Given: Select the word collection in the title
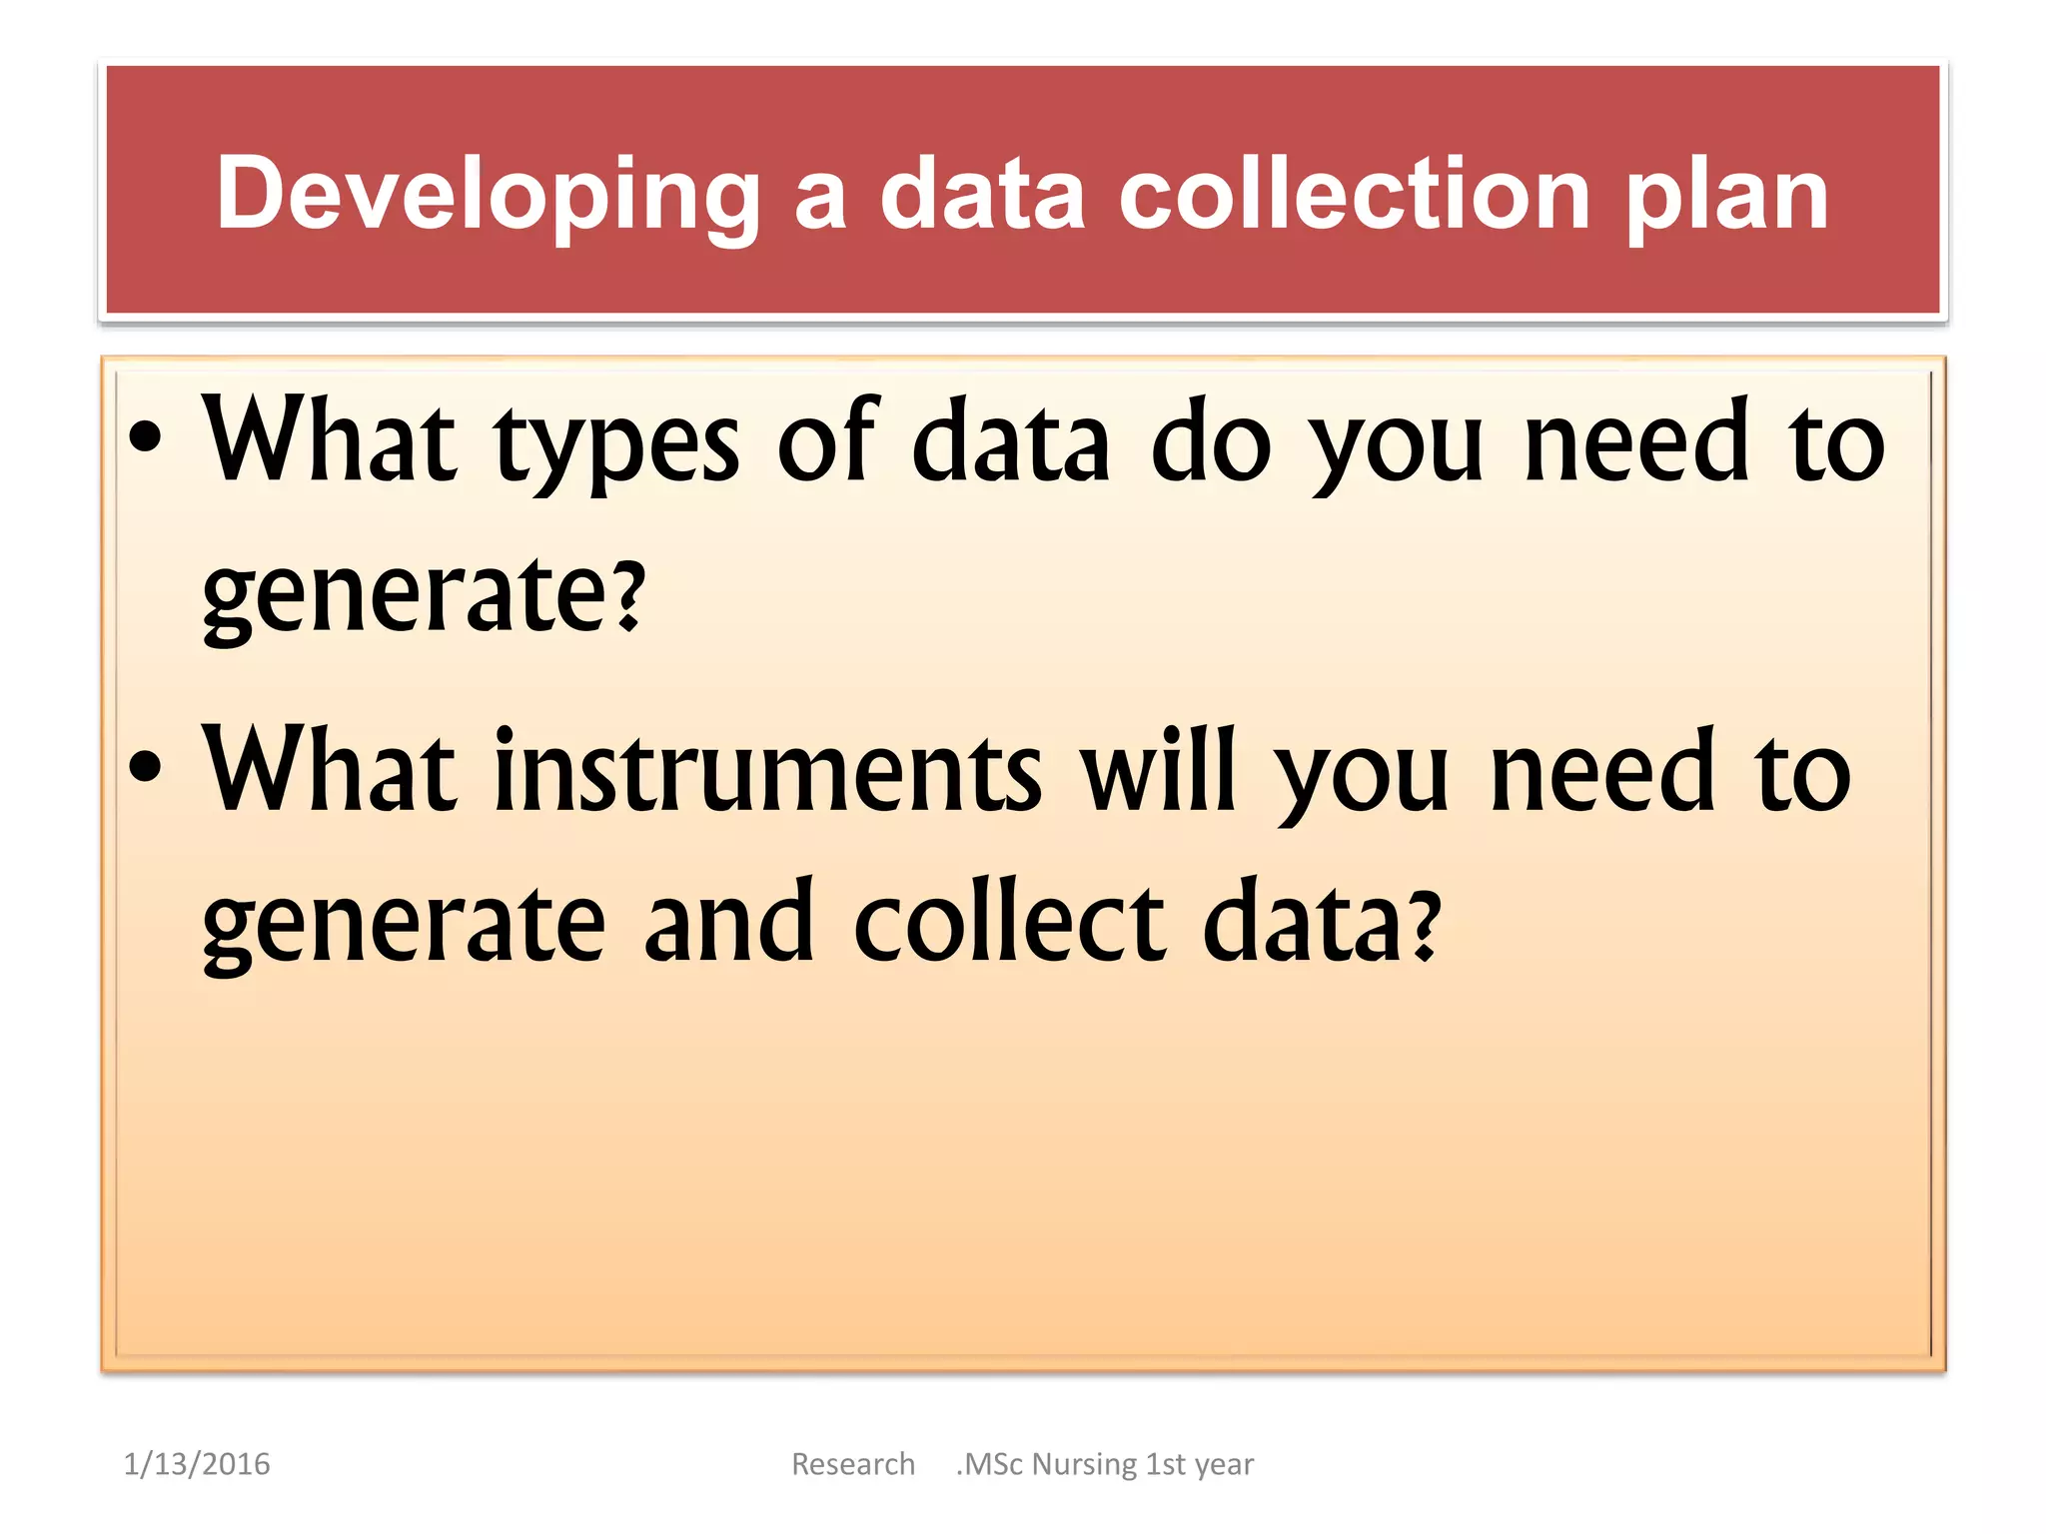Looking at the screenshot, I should click(1354, 195).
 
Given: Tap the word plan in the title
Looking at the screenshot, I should click(1727, 195).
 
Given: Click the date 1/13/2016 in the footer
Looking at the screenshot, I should click(197, 1464).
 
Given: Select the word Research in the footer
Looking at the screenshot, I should click(853, 1464).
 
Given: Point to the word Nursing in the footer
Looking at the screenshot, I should click(1084, 1464).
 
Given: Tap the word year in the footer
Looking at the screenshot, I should click(1224, 1464).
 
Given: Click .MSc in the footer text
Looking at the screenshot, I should click(989, 1464).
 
